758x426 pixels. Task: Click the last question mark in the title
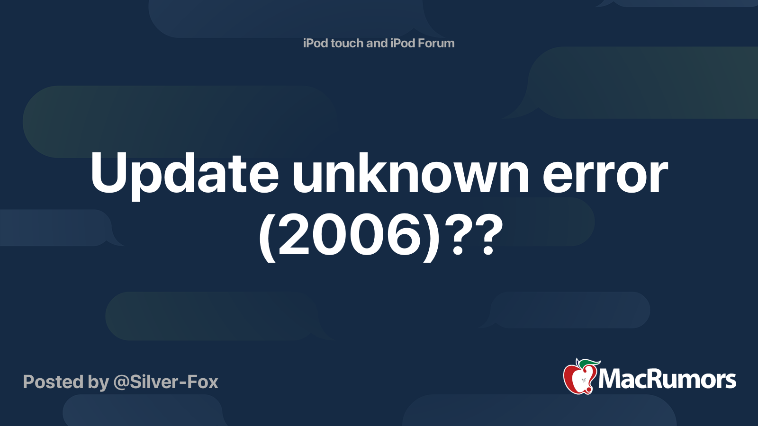(x=488, y=234)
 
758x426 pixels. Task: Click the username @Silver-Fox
(x=166, y=382)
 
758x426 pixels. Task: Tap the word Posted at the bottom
(x=53, y=382)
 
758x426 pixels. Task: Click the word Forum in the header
(x=436, y=43)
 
